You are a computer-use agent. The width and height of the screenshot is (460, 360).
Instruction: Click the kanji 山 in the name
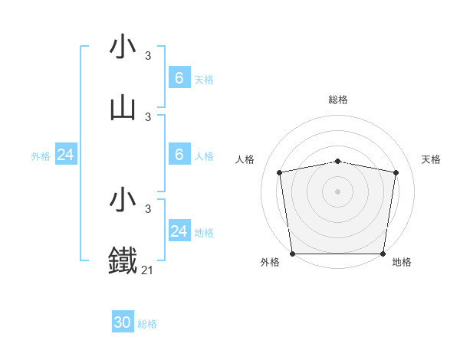pyautogui.click(x=123, y=109)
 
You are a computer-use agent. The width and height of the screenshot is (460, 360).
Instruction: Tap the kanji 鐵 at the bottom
pyautogui.click(x=123, y=260)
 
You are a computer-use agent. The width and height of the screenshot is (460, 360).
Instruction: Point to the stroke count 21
pyautogui.click(x=147, y=270)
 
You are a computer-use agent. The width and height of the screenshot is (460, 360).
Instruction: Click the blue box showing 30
pyautogui.click(x=123, y=322)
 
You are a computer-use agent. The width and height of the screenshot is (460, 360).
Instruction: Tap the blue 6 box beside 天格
pyautogui.click(x=179, y=78)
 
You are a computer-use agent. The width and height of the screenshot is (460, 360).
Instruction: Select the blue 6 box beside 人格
pyautogui.click(x=179, y=155)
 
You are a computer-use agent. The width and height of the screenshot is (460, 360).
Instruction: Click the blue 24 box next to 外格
pyautogui.click(x=65, y=155)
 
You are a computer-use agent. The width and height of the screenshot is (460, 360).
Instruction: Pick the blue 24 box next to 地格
pyautogui.click(x=179, y=231)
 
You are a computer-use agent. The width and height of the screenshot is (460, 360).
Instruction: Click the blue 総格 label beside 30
pyautogui.click(x=147, y=324)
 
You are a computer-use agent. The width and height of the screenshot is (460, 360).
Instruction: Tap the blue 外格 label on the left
pyautogui.click(x=41, y=156)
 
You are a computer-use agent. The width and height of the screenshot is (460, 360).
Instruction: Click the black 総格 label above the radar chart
pyautogui.click(x=337, y=100)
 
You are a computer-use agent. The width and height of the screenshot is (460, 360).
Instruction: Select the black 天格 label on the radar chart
pyautogui.click(x=431, y=159)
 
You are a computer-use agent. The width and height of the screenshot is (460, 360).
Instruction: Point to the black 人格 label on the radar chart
pyautogui.click(x=245, y=159)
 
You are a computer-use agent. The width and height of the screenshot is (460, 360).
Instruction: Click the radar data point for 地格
pyautogui.click(x=383, y=254)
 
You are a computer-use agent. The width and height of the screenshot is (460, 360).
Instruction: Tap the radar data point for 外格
pyautogui.click(x=292, y=254)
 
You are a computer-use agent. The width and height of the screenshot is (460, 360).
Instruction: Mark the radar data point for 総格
pyautogui.click(x=337, y=161)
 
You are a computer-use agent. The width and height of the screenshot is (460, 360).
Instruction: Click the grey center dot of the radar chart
pyautogui.click(x=337, y=191)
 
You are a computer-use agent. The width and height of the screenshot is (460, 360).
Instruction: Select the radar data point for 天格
pyautogui.click(x=396, y=172)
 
